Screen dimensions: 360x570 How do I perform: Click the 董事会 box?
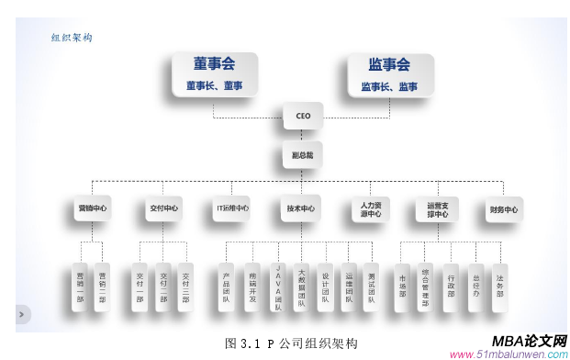(214, 74)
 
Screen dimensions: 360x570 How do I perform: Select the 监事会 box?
(389, 74)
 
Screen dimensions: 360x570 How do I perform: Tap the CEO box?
(303, 117)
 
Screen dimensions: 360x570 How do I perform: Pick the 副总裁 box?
(303, 155)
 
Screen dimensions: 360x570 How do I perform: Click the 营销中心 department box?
(92, 208)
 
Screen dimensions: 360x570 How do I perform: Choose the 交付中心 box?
(162, 208)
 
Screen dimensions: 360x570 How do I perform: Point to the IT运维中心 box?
(231, 208)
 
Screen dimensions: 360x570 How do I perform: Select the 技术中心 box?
(301, 208)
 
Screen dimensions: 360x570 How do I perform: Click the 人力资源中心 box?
(371, 208)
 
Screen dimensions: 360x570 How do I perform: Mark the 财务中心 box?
(504, 209)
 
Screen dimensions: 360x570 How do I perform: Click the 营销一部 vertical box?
(80, 286)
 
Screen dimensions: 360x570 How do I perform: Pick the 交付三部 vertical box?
(185, 286)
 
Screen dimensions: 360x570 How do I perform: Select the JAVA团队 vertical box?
(277, 286)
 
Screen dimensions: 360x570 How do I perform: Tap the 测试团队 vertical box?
(371, 286)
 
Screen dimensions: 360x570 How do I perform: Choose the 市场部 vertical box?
(402, 286)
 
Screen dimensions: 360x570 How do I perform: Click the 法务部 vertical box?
(499, 286)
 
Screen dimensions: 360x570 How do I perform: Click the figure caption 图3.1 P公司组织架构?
(291, 343)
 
